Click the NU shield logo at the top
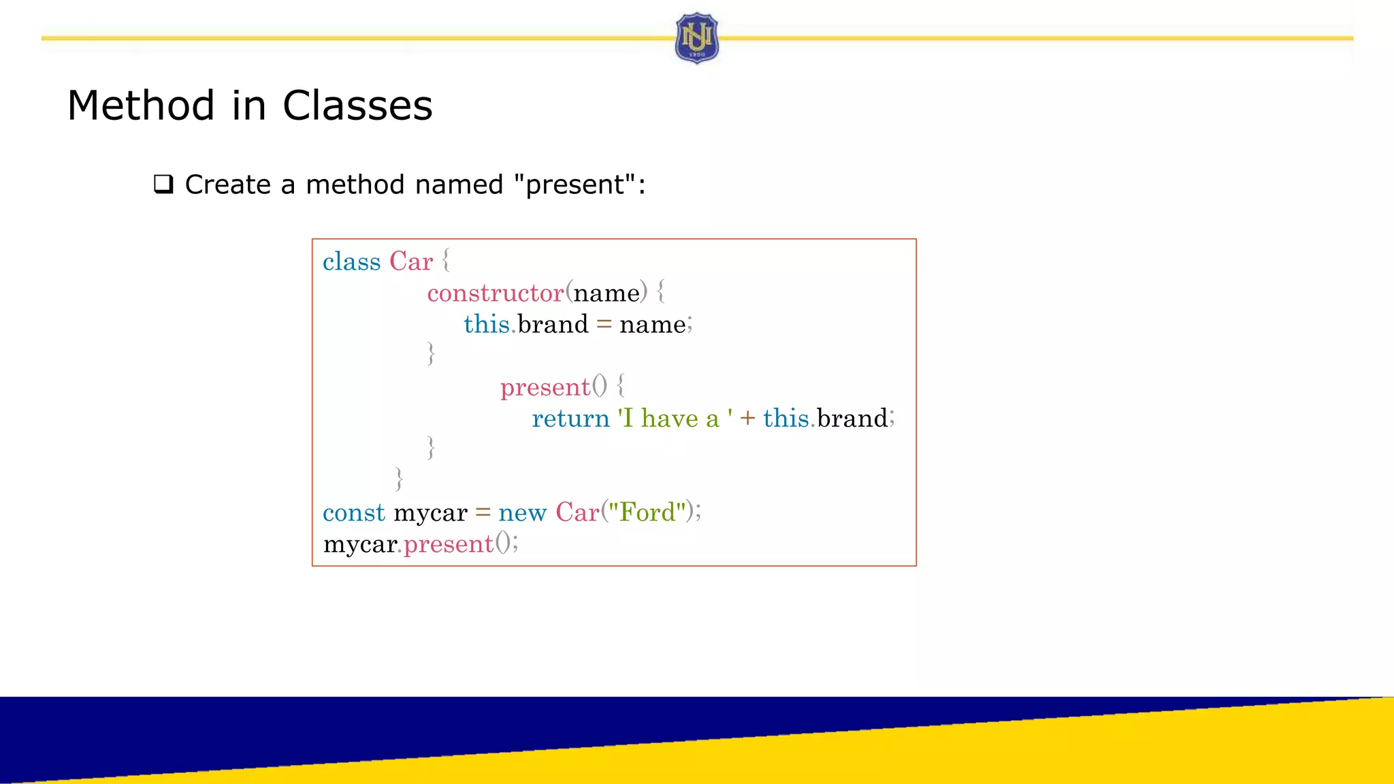[696, 38]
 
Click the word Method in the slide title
[141, 106]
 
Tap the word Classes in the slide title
[357, 106]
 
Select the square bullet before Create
[163, 184]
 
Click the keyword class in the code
[351, 262]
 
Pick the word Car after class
[410, 262]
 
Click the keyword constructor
[495, 293]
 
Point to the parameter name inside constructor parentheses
[606, 293]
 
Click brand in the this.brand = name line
[553, 325]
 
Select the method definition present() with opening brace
[562, 387]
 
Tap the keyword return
[570, 419]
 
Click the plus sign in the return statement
[747, 419]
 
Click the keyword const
[354, 512]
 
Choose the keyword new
[522, 512]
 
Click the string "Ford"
[646, 512]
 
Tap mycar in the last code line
[359, 544]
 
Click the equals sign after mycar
[483, 512]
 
